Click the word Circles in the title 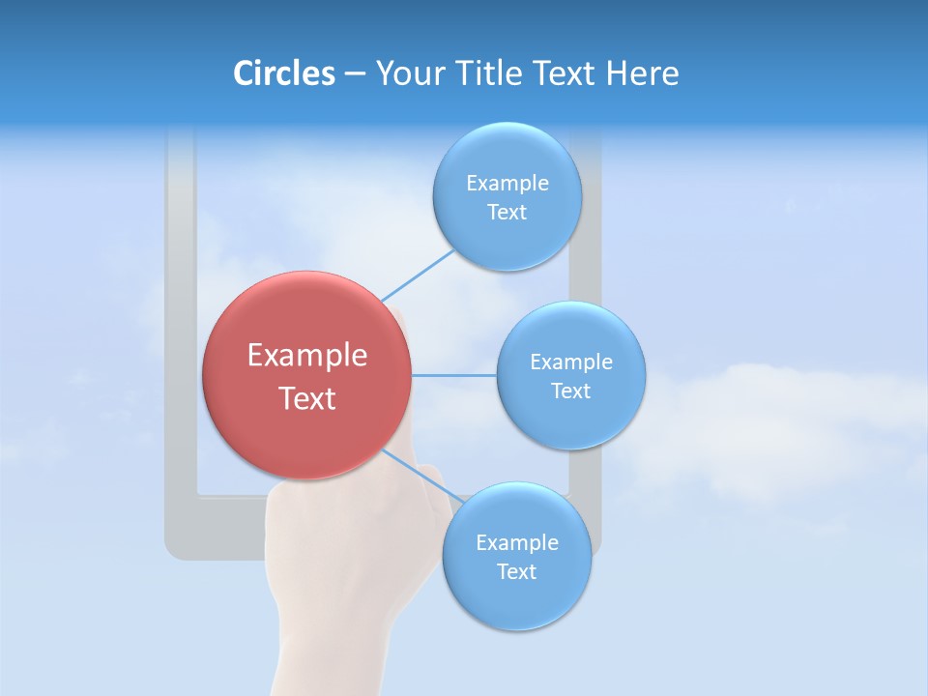(x=284, y=73)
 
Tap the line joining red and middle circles (x=454, y=375)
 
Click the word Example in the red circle (x=307, y=356)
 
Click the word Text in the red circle (x=307, y=398)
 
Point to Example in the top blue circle (x=507, y=184)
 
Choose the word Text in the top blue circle (x=507, y=213)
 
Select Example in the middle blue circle (x=571, y=362)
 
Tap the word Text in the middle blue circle (x=570, y=391)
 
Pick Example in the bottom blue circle (x=517, y=543)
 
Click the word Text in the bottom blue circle (x=516, y=572)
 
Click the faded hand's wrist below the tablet (x=329, y=648)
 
